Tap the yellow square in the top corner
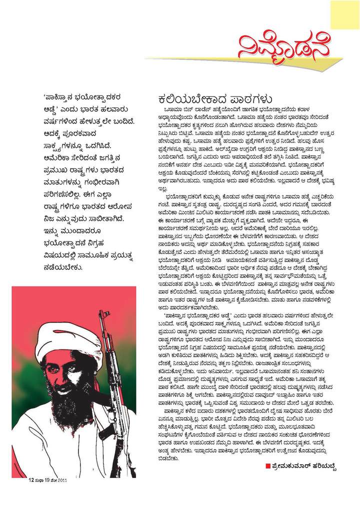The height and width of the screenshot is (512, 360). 344,14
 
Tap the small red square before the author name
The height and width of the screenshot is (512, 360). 268,466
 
